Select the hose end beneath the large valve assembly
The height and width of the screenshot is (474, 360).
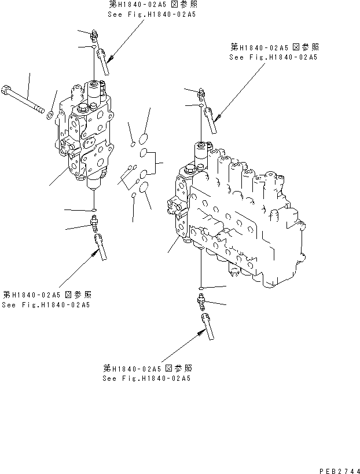coord(206,326)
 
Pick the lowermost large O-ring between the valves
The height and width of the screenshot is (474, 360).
coord(144,186)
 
